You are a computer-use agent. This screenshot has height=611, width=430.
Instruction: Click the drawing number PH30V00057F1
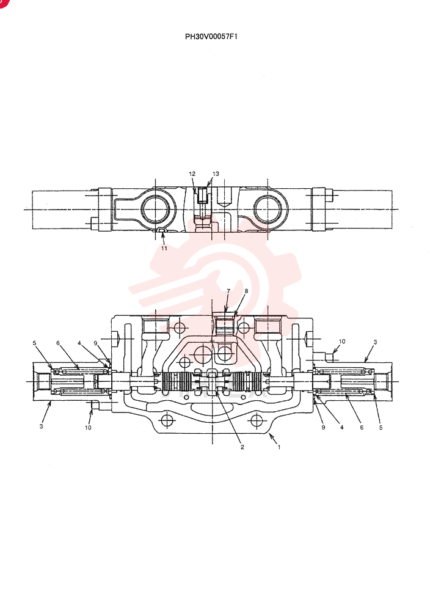coord(211,37)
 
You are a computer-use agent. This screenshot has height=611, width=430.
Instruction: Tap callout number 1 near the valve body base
coord(279,447)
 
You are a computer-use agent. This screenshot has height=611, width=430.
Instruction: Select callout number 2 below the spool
coord(242,447)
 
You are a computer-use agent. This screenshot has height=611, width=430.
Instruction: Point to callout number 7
coord(228,291)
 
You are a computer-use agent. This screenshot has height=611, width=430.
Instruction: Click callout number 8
coord(246,291)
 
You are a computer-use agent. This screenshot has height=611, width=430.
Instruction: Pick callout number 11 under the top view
coord(164,248)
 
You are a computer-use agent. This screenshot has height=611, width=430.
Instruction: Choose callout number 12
coord(192,174)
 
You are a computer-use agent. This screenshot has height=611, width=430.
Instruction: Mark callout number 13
coord(216,174)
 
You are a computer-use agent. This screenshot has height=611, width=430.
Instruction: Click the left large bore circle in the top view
coord(156,209)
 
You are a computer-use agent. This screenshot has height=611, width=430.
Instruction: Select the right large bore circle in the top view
coord(268,209)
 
